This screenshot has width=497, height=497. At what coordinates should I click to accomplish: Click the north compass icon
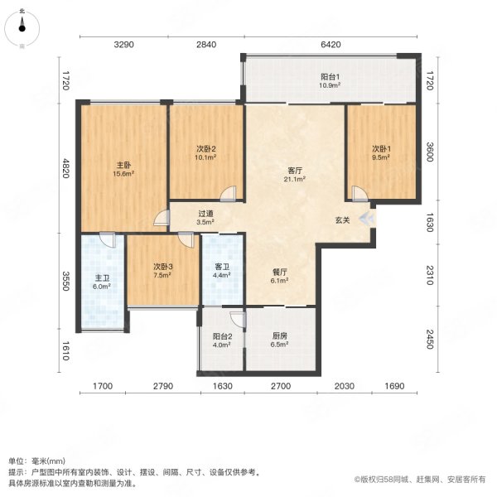(22, 28)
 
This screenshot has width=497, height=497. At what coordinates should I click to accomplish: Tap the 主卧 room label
(123, 165)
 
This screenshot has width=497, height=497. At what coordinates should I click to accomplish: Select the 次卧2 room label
(206, 149)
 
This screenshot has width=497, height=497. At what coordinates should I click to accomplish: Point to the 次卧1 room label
(381, 148)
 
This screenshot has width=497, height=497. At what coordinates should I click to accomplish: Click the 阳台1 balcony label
(330, 77)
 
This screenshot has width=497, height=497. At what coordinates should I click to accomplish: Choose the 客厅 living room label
(295, 171)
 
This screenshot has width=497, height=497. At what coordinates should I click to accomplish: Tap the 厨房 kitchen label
(280, 336)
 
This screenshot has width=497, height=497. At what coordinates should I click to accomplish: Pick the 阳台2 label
(222, 336)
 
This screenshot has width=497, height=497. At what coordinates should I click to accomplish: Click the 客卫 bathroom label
(222, 267)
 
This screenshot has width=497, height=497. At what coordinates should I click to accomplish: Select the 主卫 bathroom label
(103, 278)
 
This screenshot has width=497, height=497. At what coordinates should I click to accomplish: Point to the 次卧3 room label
(163, 267)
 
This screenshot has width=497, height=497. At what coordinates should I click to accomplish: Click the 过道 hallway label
(205, 214)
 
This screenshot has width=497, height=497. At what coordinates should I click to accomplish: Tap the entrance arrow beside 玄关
(367, 219)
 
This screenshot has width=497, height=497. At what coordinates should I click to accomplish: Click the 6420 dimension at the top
(331, 45)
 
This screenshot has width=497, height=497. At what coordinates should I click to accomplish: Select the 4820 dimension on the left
(65, 168)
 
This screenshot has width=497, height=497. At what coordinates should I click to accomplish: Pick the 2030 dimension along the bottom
(345, 386)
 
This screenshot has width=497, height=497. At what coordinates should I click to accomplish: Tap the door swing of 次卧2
(229, 193)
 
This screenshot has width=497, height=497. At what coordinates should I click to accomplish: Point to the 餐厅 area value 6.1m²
(280, 281)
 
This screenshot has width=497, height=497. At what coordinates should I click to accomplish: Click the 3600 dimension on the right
(429, 152)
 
